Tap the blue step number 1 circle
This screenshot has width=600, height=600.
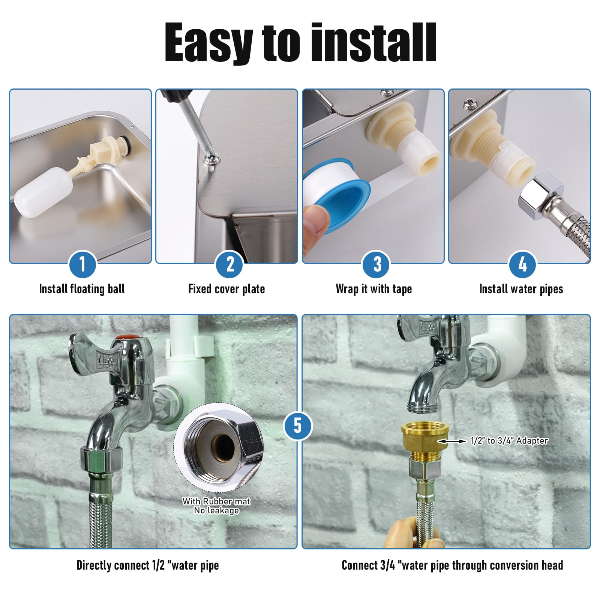click(82, 264)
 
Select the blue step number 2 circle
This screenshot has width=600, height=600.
click(229, 264)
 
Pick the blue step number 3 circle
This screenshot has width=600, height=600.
click(376, 264)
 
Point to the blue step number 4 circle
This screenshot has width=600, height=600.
click(522, 264)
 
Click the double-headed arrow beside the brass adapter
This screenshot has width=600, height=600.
click(452, 441)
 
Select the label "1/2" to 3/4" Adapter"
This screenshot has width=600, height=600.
click(509, 441)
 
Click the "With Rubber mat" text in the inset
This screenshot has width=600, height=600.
click(216, 501)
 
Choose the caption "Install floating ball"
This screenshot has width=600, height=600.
click(82, 289)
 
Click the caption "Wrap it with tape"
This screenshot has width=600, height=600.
click(374, 289)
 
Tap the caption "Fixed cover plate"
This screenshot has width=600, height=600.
click(226, 289)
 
